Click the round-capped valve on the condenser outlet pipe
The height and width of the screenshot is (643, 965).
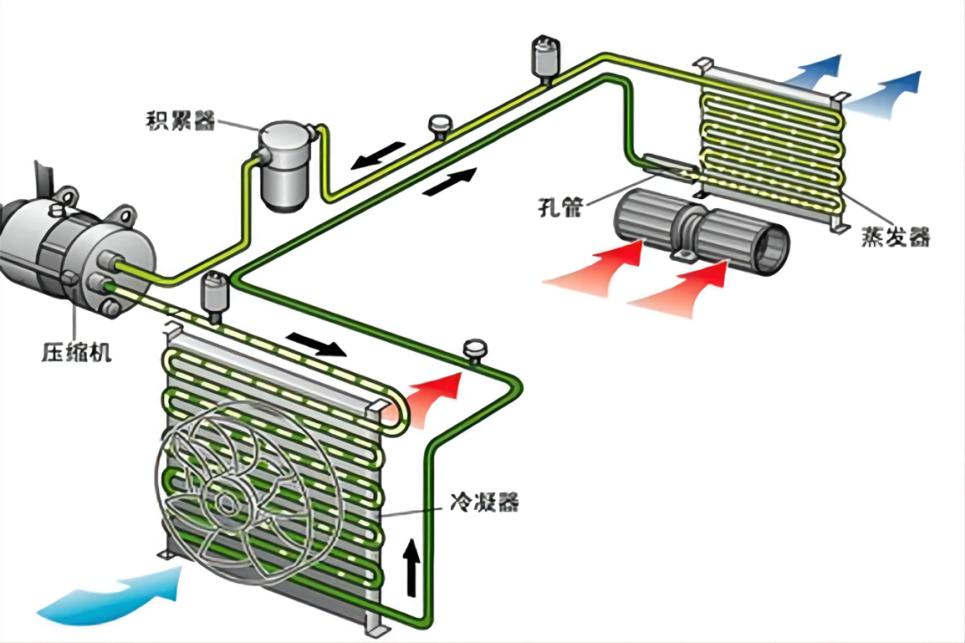click(474, 352)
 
